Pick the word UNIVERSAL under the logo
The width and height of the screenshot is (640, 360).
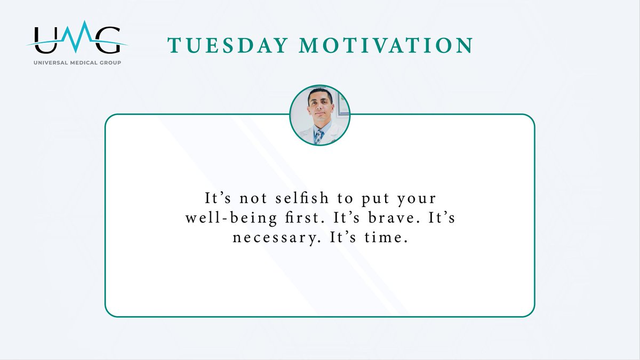pyautogui.click(x=47, y=62)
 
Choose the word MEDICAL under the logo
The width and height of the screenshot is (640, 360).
pyautogui.click(x=78, y=62)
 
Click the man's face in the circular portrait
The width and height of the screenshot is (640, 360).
pyautogui.click(x=320, y=105)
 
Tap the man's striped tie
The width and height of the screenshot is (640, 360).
pyautogui.click(x=319, y=136)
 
